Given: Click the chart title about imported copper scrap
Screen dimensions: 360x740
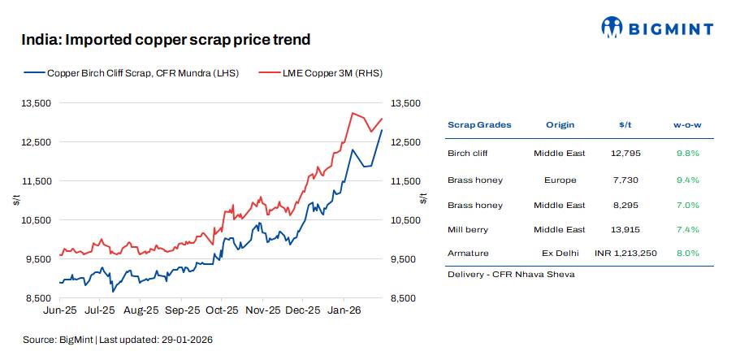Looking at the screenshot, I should pos(166,39).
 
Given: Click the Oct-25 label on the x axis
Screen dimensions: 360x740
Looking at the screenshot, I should pos(221,310).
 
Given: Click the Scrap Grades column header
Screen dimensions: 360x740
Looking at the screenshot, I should pos(479,124).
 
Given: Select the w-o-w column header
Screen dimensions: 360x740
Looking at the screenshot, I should pos(686,124).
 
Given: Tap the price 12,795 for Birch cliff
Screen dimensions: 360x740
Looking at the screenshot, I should pos(625,153).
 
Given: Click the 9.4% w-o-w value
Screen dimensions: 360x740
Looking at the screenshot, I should pos(686,180).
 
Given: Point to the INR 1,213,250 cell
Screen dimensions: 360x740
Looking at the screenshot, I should pos(625,254).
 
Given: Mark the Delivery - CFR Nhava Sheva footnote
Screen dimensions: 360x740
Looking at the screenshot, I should pos(511,274).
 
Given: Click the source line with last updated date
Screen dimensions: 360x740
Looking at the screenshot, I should pos(117,339).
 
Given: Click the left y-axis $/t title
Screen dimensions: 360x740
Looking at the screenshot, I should pos(16,200).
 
